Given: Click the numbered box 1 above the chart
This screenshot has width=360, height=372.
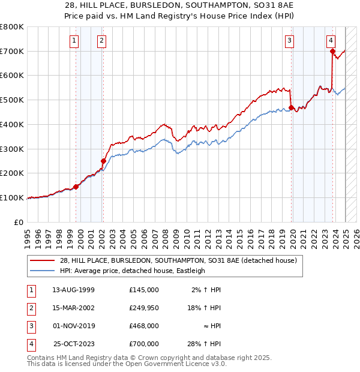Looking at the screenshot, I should [74, 41].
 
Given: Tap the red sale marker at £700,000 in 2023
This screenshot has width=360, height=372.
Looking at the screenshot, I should [332, 52].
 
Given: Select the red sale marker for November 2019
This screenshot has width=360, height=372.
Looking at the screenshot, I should [291, 108].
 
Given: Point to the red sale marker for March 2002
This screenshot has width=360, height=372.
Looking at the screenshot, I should [103, 161].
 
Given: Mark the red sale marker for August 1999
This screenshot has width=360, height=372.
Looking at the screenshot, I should [76, 187].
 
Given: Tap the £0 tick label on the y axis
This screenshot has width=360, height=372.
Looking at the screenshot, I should [19, 222].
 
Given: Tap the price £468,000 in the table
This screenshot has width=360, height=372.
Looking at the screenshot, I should [144, 326].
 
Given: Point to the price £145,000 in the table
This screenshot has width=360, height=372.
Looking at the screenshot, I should [144, 290].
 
